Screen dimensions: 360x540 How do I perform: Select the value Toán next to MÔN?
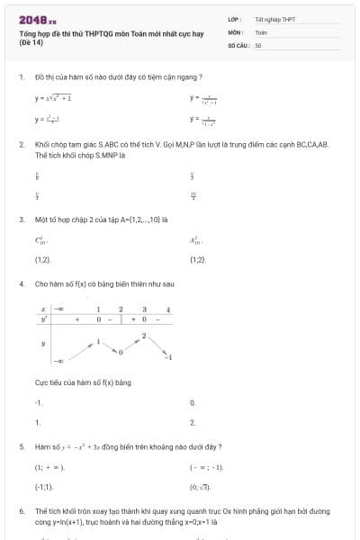coord(261,31)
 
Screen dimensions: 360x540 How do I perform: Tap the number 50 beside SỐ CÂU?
coord(258,43)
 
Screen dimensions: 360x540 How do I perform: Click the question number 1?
coord(21,77)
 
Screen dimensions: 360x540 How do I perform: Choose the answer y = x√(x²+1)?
coord(53,97)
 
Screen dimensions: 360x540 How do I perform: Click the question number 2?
coord(21,144)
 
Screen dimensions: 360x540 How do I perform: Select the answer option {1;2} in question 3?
coord(199,259)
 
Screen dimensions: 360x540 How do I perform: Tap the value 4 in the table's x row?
coord(168,310)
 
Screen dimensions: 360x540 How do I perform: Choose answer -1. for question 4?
coord(39,402)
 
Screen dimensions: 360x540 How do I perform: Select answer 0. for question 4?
coord(193,402)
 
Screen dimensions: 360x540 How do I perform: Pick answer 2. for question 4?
coord(193,421)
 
